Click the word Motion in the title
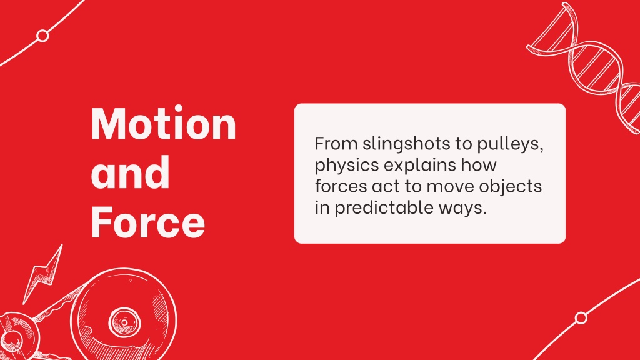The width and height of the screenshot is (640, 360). point(164,124)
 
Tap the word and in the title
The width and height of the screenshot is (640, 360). point(130,172)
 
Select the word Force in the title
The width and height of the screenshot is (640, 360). point(147,222)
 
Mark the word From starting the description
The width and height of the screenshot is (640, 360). point(336,144)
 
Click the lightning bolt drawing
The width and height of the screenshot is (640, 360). point(42,274)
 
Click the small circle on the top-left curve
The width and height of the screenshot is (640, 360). point(42,36)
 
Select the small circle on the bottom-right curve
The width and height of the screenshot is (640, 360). point(581,318)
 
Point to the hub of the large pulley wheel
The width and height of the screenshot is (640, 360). point(124,322)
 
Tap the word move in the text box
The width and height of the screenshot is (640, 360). point(451,187)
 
